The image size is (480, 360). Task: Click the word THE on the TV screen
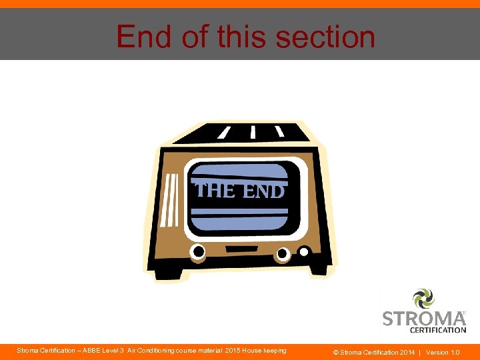click(x=215, y=191)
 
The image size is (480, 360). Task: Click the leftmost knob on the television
click(x=198, y=251)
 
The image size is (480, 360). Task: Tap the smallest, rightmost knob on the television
click(x=304, y=252)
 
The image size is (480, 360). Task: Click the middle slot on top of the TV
click(x=253, y=131)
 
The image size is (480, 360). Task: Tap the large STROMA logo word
click(x=423, y=318)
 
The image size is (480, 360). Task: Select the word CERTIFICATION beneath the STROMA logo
click(x=438, y=329)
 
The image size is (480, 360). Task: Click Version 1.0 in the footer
click(x=443, y=352)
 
